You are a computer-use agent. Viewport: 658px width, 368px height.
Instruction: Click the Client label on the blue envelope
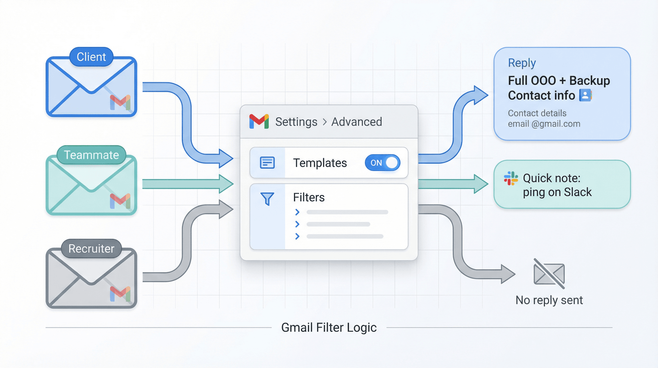(91, 57)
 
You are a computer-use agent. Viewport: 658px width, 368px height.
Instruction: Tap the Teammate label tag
(91, 155)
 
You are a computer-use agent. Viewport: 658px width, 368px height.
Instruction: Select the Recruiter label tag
(91, 249)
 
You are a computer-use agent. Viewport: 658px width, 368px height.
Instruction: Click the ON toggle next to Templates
(382, 163)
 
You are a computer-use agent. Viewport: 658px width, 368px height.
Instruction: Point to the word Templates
(320, 163)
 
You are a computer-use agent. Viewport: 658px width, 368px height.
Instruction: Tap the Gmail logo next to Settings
(259, 122)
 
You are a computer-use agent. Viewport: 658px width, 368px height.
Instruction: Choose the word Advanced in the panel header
(356, 122)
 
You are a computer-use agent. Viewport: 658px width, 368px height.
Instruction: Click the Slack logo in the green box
(511, 178)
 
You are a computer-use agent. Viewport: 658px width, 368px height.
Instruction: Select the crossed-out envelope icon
(549, 274)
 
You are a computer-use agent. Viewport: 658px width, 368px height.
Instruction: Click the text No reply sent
(549, 300)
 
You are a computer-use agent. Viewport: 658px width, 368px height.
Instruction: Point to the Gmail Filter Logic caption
(329, 327)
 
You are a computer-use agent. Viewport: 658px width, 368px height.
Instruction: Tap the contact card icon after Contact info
(585, 95)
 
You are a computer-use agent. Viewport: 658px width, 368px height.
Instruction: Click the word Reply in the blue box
(522, 63)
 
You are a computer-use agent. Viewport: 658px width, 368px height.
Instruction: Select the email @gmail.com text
(544, 124)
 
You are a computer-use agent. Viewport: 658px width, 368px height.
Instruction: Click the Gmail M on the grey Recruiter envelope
(120, 294)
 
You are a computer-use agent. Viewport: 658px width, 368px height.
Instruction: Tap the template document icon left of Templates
(267, 163)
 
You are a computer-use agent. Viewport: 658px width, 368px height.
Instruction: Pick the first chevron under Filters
(297, 212)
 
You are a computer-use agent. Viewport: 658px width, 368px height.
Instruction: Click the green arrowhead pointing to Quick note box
(481, 184)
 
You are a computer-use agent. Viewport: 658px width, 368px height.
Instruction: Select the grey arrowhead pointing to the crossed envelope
(508, 274)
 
